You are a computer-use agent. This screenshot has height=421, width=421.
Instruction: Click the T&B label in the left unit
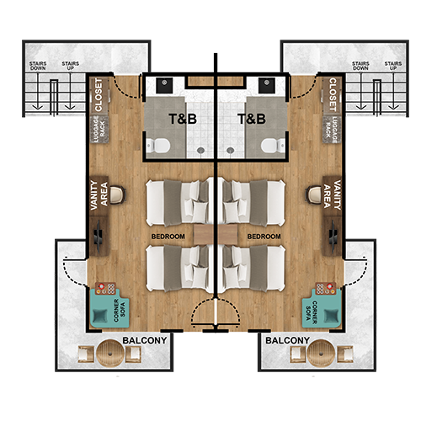pyautogui.click(x=183, y=119)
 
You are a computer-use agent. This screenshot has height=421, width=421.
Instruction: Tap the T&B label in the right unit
pyautogui.click(x=252, y=119)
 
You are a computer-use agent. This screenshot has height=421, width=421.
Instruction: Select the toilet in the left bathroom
pyautogui.click(x=158, y=146)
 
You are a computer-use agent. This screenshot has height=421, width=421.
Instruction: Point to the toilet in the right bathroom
pyautogui.click(x=273, y=146)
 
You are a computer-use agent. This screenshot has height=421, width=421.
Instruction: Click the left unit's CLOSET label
pyautogui.click(x=99, y=95)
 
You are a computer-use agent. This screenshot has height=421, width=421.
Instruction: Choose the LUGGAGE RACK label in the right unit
pyautogui.click(x=331, y=130)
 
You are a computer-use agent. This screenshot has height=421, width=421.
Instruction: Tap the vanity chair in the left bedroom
pyautogui.click(x=118, y=195)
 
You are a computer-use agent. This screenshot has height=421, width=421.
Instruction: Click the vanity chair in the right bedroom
pyautogui.click(x=313, y=195)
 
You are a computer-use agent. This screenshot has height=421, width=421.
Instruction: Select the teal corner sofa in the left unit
pyautogui.click(x=109, y=308)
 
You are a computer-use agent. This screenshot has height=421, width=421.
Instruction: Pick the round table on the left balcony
pyautogui.click(x=110, y=353)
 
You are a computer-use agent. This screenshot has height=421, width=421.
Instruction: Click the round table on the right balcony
pyautogui.click(x=321, y=353)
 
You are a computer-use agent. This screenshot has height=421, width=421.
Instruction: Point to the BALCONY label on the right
pyautogui.click(x=287, y=340)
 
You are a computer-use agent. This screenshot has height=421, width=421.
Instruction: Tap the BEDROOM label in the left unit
pyautogui.click(x=168, y=237)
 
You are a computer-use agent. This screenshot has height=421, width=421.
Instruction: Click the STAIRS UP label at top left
pyautogui.click(x=71, y=66)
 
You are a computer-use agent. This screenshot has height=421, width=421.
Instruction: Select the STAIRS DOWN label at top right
pyautogui.click(x=360, y=66)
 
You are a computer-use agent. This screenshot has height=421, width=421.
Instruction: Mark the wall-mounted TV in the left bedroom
pyautogui.click(x=99, y=237)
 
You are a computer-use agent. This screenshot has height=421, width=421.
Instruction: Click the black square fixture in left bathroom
pyautogui.click(x=164, y=85)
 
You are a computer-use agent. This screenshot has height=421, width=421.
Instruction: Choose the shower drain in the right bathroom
pyautogui.click(x=231, y=151)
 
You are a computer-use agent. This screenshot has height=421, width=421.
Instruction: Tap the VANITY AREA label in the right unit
pyautogui.click(x=332, y=195)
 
